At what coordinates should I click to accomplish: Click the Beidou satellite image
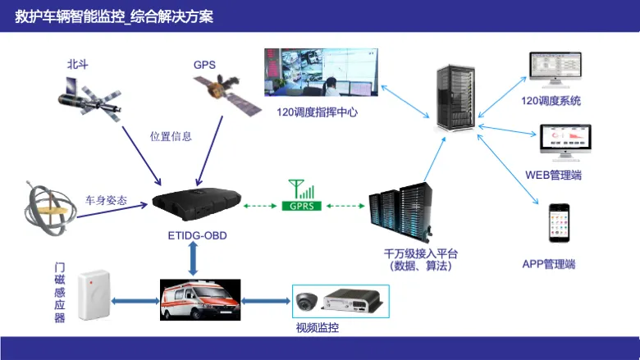[x=89, y=98]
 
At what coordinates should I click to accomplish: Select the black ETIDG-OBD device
[x=197, y=203]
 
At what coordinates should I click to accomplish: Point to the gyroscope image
[x=50, y=209]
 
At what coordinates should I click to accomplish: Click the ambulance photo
[x=200, y=299]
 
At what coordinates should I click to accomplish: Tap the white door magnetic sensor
[x=94, y=294]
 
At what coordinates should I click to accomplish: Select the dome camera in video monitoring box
[x=307, y=302]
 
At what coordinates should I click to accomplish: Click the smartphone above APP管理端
[x=559, y=223]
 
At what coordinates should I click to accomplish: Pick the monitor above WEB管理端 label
[x=565, y=143]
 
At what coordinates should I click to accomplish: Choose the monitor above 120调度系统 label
[x=555, y=70]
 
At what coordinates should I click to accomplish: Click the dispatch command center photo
[x=321, y=72]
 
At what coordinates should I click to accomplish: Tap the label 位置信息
[x=171, y=136]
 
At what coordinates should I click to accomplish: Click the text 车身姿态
[x=106, y=200]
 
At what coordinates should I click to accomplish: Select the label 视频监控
[x=318, y=328]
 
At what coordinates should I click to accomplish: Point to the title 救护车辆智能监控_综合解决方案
[x=114, y=16]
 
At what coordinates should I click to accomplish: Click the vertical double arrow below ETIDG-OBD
[x=193, y=258]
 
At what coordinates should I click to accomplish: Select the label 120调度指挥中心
[x=318, y=112]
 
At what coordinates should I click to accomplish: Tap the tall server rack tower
[x=455, y=98]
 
